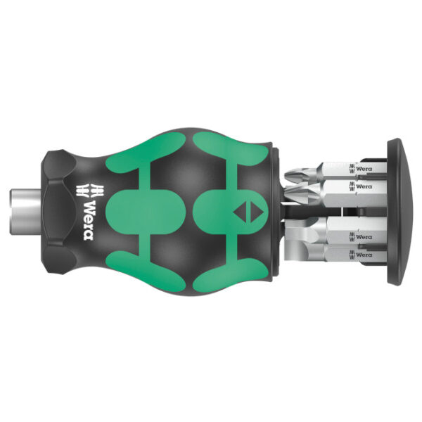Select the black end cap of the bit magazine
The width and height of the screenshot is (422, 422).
point(402,211)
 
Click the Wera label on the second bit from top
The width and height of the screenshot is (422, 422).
point(363,186)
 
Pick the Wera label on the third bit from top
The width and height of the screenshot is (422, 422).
point(363,237)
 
